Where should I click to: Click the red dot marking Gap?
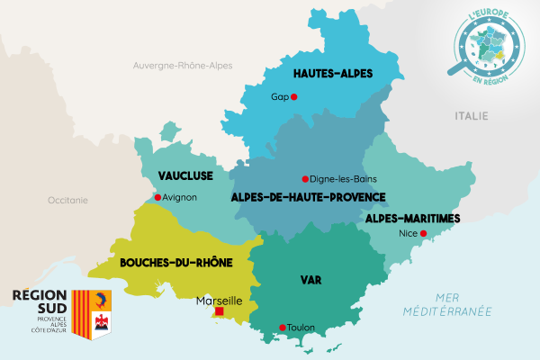pyautogui.click(x=293, y=97)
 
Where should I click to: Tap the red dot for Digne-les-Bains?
pyautogui.click(x=305, y=178)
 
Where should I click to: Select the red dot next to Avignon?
pyautogui.click(x=157, y=197)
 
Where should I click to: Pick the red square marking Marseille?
pyautogui.click(x=219, y=311)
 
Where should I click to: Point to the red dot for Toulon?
pyautogui.click(x=283, y=327)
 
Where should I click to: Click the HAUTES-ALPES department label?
pyautogui.click(x=333, y=73)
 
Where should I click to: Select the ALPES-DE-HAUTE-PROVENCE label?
pyautogui.click(x=308, y=196)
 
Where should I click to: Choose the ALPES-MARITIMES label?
pyautogui.click(x=413, y=218)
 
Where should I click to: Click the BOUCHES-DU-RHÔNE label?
pyautogui.click(x=176, y=263)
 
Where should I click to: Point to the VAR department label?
pyautogui.click(x=310, y=280)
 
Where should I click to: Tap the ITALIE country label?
pyautogui.click(x=471, y=115)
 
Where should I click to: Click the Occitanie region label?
pyautogui.click(x=68, y=200)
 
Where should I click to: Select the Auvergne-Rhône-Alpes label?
pyautogui.click(x=183, y=66)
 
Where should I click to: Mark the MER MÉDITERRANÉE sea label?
pyautogui.click(x=462, y=304)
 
